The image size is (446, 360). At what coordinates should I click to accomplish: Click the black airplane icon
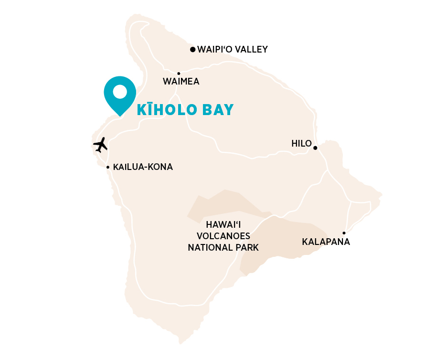click(x=100, y=144)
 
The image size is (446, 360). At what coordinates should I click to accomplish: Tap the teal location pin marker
click(x=120, y=95)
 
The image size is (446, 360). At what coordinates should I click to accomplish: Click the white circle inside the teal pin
click(x=120, y=91)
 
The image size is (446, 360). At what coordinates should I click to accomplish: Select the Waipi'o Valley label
click(x=232, y=49)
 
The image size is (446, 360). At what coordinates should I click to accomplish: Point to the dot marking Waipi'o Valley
click(x=192, y=49)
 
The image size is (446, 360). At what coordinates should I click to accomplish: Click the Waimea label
click(x=181, y=82)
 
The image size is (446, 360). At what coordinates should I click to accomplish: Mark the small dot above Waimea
click(x=179, y=74)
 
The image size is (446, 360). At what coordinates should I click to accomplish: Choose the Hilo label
click(x=301, y=144)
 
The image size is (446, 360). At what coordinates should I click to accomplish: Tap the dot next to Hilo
click(x=315, y=148)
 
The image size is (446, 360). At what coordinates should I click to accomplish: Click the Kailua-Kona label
click(x=143, y=167)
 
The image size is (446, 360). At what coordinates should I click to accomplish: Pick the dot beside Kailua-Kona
click(x=108, y=167)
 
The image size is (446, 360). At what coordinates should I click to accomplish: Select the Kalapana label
click(x=326, y=242)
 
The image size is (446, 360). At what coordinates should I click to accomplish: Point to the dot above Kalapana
click(x=344, y=233)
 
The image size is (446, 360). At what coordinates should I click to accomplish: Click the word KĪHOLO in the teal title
click(x=167, y=110)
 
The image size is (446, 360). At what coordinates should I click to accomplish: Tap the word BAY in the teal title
click(x=218, y=110)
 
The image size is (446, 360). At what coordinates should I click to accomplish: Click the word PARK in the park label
click(x=246, y=247)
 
